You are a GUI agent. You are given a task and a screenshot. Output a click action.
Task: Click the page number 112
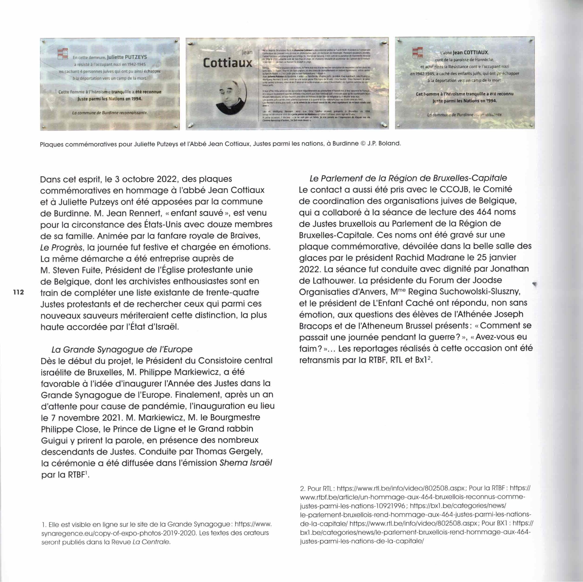(x=19, y=292)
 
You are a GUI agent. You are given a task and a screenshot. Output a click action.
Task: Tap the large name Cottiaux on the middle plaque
(x=228, y=63)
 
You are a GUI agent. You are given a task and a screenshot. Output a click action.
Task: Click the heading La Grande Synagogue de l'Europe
(x=122, y=349)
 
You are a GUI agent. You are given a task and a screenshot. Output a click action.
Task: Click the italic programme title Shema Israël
(x=246, y=463)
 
